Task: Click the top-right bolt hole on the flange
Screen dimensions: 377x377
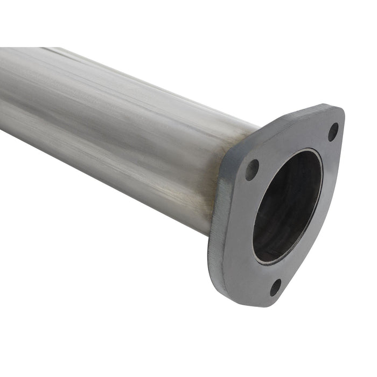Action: click(333, 131)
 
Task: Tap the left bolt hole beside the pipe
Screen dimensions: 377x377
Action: click(252, 170)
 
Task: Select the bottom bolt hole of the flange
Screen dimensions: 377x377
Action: click(276, 287)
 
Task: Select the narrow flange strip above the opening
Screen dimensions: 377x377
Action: click(291, 141)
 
